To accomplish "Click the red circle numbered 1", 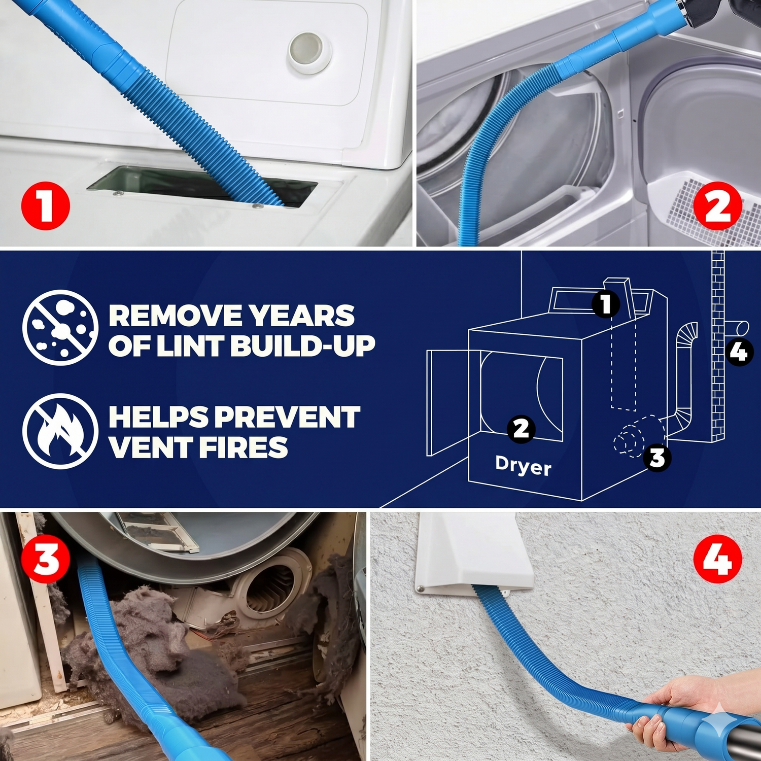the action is (x=45, y=205).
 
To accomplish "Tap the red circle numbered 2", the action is (x=717, y=205).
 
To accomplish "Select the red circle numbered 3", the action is (x=46, y=560).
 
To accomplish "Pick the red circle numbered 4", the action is (x=717, y=560).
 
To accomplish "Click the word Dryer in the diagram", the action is (x=523, y=465).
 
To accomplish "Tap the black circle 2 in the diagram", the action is (x=521, y=429).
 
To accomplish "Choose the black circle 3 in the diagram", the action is (x=657, y=457).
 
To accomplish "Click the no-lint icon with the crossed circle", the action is (x=60, y=327).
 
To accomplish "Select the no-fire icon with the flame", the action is (x=60, y=431).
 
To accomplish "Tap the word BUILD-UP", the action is (x=303, y=347).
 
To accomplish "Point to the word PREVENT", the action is (x=287, y=417).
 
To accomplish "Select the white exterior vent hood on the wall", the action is (x=474, y=553).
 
